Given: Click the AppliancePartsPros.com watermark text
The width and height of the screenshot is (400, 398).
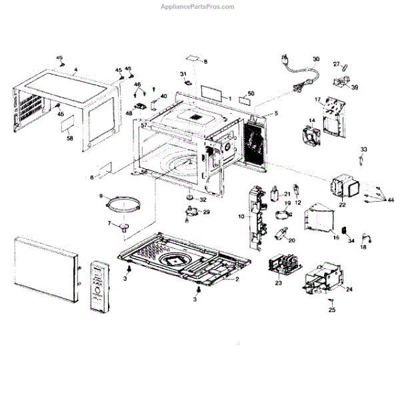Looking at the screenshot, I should pyautogui.click(x=198, y=7).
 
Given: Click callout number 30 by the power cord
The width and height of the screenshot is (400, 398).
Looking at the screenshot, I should pyautogui.click(x=317, y=59).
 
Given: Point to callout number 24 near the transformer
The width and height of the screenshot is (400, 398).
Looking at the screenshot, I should pyautogui.click(x=349, y=290).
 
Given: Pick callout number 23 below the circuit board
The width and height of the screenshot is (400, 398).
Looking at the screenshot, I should pyautogui.click(x=279, y=284).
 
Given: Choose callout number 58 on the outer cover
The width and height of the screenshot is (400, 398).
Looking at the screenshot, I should pyautogui.click(x=69, y=138).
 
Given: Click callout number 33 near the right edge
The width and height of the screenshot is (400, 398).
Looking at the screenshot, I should pyautogui.click(x=363, y=148).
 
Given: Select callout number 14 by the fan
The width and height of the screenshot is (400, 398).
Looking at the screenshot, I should pyautogui.click(x=311, y=120).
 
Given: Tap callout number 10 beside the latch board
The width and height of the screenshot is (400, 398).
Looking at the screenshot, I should pyautogui.click(x=241, y=217).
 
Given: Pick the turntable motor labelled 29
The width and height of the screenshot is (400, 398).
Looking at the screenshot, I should pyautogui.click(x=193, y=213).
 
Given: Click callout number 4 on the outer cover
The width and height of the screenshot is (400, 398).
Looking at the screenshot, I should pyautogui.click(x=75, y=70).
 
